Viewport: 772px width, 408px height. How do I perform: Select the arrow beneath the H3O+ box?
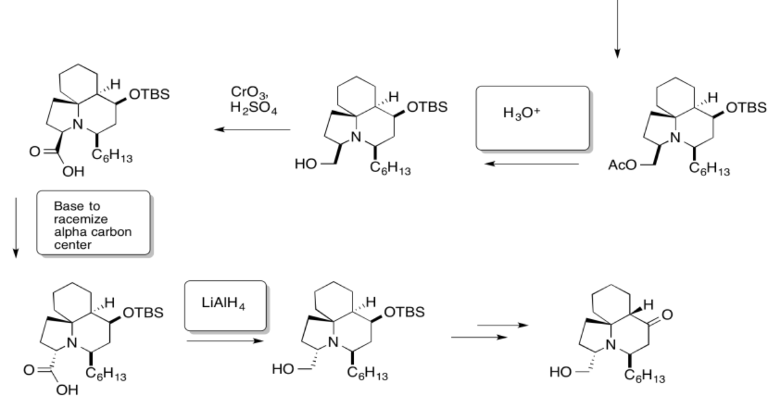pyautogui.click(x=531, y=164)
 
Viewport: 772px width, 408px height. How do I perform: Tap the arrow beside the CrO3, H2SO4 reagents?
pyautogui.click(x=251, y=130)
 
